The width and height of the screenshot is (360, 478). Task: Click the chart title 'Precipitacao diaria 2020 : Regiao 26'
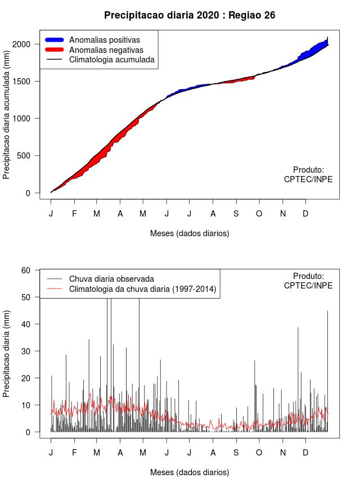click(190, 15)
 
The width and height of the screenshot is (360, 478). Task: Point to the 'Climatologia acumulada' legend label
click(111, 60)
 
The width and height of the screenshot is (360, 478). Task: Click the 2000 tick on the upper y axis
click(29, 44)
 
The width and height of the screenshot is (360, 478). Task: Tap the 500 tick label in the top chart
click(32, 156)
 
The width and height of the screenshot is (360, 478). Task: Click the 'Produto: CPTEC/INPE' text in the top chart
click(308, 174)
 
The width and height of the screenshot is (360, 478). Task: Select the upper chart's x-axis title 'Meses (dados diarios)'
click(190, 233)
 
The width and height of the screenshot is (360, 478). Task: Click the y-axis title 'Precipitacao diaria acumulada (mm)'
click(7, 118)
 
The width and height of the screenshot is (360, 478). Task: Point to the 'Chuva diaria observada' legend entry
click(111, 279)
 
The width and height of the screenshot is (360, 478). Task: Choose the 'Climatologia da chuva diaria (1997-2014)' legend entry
click(143, 289)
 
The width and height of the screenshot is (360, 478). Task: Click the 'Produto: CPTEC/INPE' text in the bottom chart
click(308, 281)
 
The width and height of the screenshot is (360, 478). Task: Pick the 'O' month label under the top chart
click(259, 214)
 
